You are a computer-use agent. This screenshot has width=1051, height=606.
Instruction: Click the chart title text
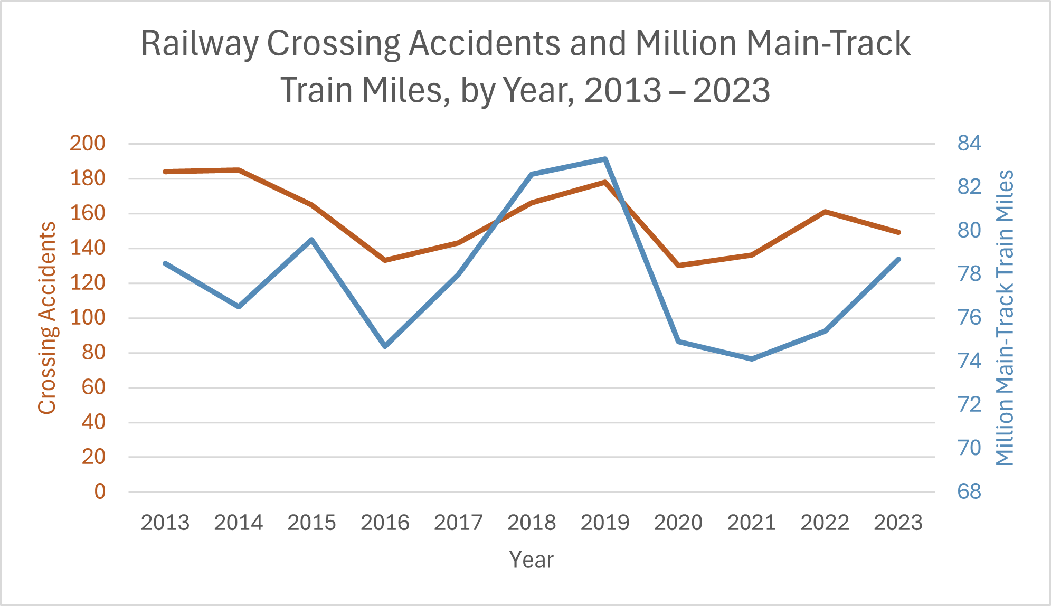[x=525, y=66]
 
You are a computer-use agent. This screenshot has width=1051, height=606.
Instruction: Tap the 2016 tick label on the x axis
[x=385, y=523]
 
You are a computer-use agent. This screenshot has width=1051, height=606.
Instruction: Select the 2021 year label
[x=751, y=523]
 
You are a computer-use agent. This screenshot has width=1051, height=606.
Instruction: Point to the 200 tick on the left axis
[x=88, y=143]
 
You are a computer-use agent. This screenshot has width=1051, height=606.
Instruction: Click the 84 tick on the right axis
[x=969, y=143]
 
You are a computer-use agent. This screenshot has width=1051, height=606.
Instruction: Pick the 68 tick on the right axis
[x=969, y=491]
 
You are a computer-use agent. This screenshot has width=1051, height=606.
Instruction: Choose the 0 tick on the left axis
[x=100, y=491]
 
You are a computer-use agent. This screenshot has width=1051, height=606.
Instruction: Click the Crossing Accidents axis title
[x=47, y=318]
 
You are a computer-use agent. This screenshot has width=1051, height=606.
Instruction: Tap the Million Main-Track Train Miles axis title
[x=1005, y=318]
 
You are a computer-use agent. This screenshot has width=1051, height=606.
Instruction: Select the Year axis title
[x=531, y=560]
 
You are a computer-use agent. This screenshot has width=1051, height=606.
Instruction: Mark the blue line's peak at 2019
[x=605, y=159]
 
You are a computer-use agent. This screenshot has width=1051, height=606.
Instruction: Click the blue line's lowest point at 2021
[x=751, y=359]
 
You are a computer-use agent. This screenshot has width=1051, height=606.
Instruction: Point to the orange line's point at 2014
[x=239, y=170]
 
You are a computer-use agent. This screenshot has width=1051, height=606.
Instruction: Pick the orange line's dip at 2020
[x=678, y=265]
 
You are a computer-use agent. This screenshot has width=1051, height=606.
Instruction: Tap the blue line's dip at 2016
[x=385, y=346]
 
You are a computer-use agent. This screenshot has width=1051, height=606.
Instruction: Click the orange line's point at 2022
[x=825, y=212]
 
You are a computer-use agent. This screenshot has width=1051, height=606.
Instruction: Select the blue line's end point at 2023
[x=898, y=259]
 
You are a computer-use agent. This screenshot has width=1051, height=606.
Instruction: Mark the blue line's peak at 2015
[x=311, y=240]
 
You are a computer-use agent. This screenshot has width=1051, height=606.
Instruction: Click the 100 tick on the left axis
[x=88, y=317]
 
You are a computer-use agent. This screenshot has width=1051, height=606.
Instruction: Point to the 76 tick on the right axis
[x=969, y=317]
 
